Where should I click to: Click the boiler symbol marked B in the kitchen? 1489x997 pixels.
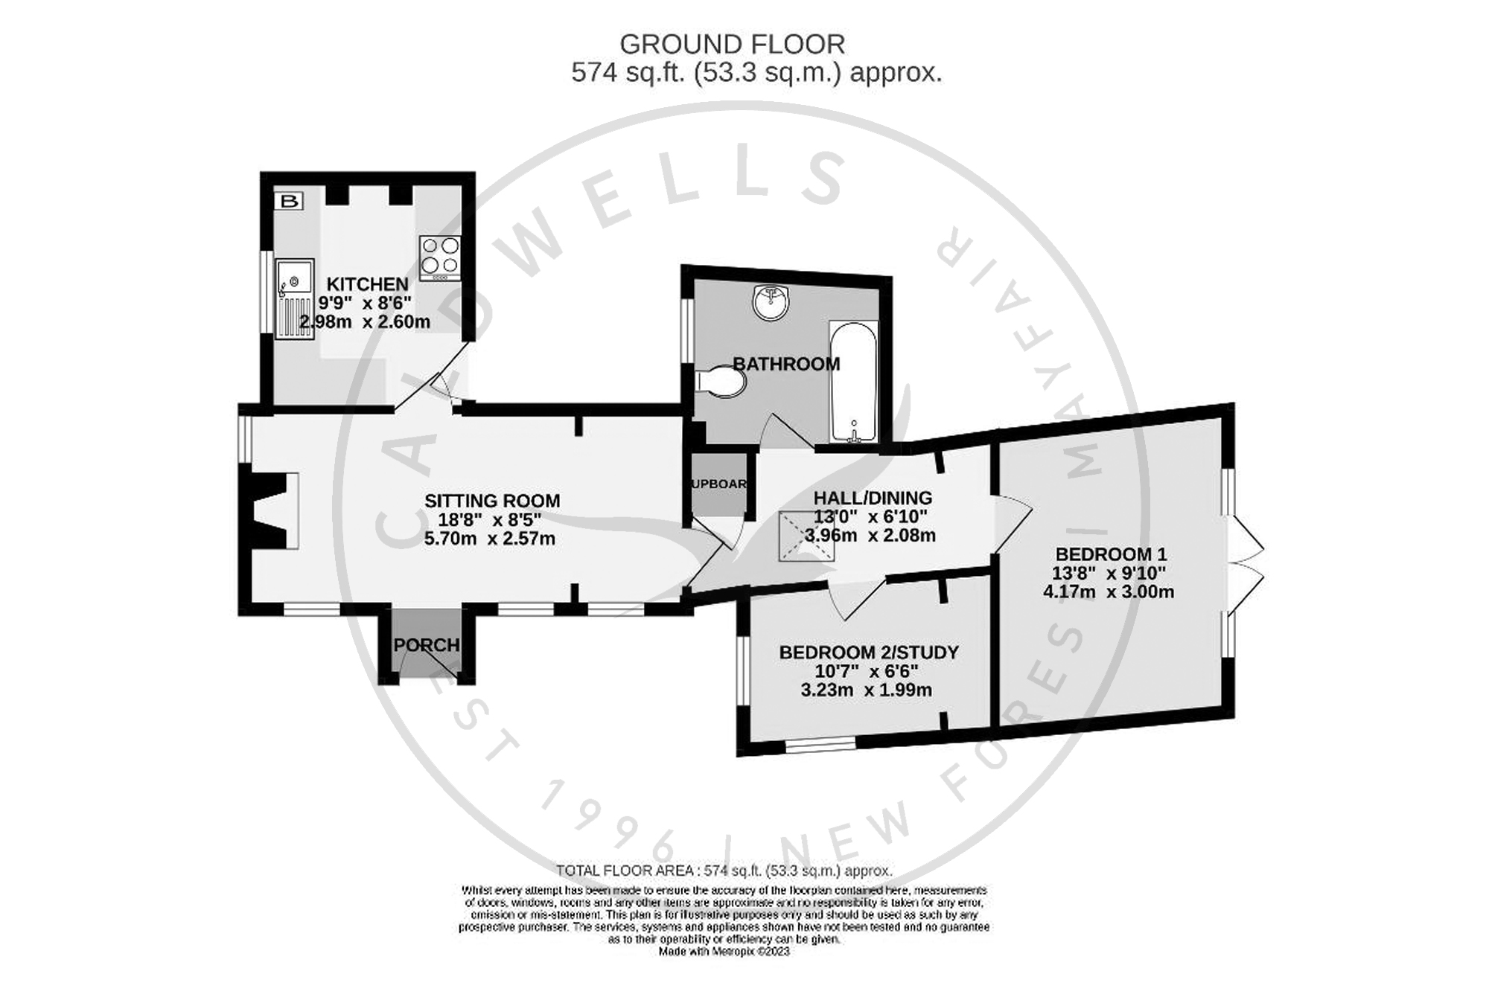[x=290, y=201]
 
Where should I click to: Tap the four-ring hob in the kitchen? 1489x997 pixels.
[x=439, y=257]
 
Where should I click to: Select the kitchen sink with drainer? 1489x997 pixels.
[x=295, y=298]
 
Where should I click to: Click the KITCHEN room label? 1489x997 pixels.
[x=368, y=284]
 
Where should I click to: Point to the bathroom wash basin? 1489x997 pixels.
[x=770, y=302]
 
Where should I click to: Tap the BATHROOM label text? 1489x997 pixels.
[x=786, y=364]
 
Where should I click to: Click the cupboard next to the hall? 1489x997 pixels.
[x=718, y=484]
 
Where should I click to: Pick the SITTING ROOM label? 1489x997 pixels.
[x=492, y=501]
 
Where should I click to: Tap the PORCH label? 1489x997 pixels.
[x=426, y=645]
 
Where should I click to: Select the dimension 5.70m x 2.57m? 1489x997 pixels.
[x=489, y=539]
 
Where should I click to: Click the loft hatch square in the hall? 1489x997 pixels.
[x=807, y=536]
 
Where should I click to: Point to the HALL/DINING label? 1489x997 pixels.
[x=872, y=498]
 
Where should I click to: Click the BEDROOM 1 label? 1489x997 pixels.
[x=1111, y=554]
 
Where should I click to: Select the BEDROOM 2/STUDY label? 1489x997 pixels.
[x=868, y=653]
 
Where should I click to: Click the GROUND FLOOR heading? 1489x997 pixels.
[x=732, y=45]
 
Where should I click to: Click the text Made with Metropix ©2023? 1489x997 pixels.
[x=724, y=952]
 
